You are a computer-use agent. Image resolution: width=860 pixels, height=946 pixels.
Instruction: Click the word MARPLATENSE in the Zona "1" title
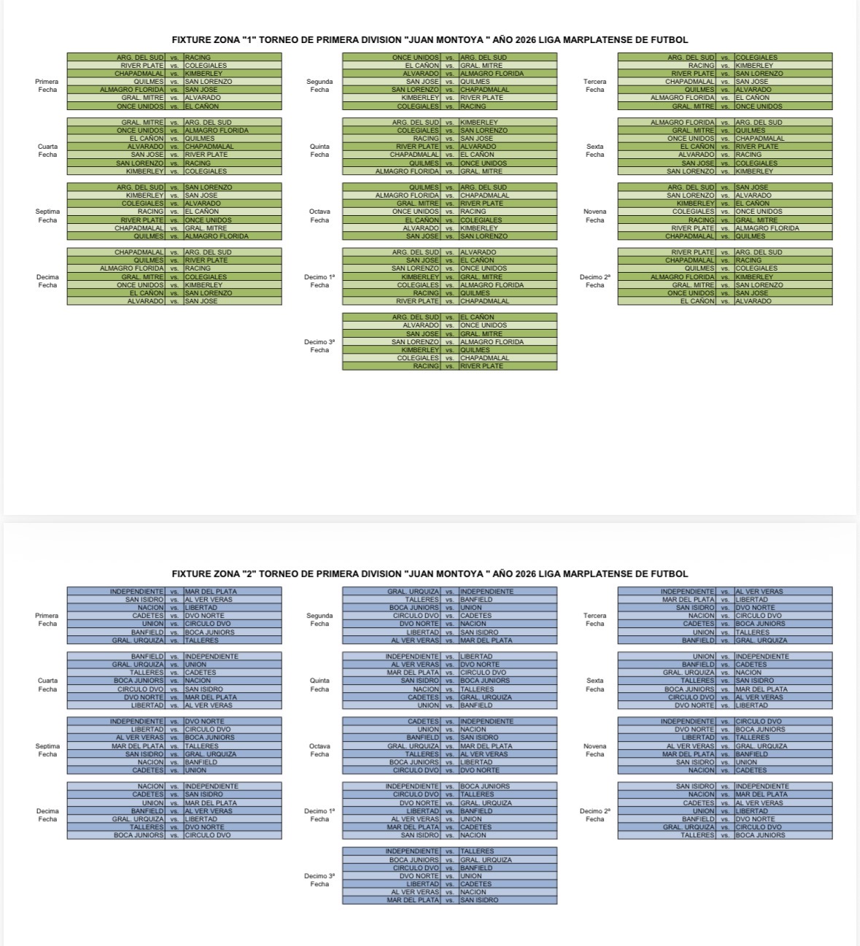(608, 40)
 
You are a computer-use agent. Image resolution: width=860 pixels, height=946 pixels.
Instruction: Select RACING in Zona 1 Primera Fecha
(198, 57)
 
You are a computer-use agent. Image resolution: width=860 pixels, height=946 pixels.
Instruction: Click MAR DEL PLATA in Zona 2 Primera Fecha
(211, 592)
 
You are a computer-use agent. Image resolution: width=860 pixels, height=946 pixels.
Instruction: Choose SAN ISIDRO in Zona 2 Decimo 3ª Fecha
(479, 900)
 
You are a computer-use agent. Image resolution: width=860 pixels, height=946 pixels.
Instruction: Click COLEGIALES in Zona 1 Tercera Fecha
(756, 57)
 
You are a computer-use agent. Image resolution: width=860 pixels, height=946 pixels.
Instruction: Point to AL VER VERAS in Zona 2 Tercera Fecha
(759, 592)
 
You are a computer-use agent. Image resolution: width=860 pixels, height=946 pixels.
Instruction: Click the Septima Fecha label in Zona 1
(47, 216)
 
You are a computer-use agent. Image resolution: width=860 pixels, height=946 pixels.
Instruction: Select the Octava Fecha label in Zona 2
(319, 750)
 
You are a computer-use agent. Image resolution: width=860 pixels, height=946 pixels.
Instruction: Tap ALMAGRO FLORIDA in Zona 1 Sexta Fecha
(683, 123)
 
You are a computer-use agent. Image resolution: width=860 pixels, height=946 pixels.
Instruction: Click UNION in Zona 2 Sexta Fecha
(704, 656)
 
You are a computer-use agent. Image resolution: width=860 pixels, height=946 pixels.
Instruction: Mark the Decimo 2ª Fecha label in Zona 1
(594, 281)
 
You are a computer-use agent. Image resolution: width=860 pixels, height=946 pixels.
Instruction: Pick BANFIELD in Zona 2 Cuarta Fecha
(147, 656)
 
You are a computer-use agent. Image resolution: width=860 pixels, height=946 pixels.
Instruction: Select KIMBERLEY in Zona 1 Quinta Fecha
(479, 123)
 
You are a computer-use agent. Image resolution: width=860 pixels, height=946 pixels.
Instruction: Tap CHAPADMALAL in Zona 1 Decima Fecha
(139, 252)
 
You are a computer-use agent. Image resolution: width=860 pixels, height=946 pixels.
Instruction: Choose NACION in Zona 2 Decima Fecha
(151, 786)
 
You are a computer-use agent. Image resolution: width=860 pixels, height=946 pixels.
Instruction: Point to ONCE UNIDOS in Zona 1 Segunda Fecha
(416, 57)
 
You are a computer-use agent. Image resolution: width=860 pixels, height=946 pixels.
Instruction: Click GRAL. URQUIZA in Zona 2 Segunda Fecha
(414, 592)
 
